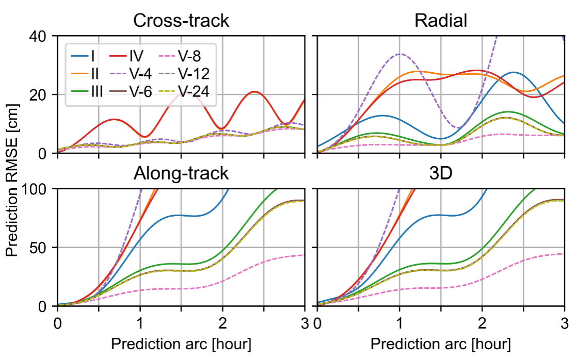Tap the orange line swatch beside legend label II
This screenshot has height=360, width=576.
[79, 74]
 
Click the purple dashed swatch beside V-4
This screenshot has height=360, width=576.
[118, 74]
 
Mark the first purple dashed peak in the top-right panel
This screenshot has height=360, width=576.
[399, 53]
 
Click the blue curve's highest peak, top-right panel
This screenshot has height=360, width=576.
[513, 72]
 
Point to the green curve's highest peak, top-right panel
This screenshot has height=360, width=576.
[508, 111]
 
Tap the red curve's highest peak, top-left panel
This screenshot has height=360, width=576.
[254, 92]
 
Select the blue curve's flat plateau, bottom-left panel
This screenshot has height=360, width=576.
[181, 216]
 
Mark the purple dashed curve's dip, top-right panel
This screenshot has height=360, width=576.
[458, 128]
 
